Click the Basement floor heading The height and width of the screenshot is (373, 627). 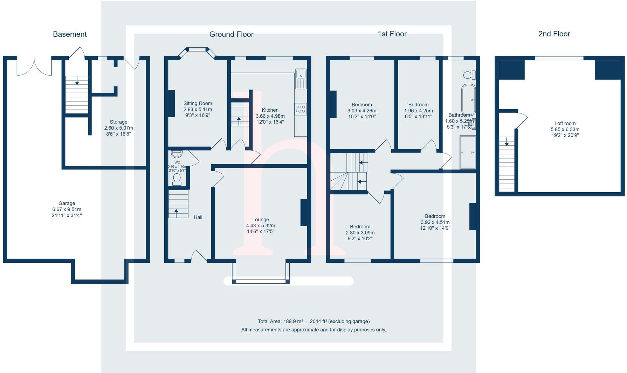pyautogui.click(x=70, y=34)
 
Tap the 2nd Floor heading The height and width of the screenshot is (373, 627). pyautogui.click(x=554, y=34)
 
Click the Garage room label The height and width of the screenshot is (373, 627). pyautogui.click(x=67, y=203)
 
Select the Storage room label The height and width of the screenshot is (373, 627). pyautogui.click(x=118, y=122)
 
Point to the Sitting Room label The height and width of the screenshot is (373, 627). pyautogui.click(x=198, y=103)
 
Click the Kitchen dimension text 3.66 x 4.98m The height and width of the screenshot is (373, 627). pyautogui.click(x=270, y=116)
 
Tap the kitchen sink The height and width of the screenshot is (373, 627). pyautogui.click(x=301, y=75)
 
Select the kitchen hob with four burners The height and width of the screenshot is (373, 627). pyautogui.click(x=301, y=109)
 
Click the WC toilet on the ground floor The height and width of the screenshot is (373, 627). pyautogui.click(x=177, y=179)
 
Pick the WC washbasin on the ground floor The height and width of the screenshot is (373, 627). pyautogui.click(x=177, y=154)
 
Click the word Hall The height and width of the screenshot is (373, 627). pyautogui.click(x=198, y=217)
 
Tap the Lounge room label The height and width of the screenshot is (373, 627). pyautogui.click(x=261, y=220)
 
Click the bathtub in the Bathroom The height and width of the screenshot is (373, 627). pyautogui.click(x=468, y=99)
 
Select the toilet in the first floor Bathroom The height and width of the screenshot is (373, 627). pyautogui.click(x=469, y=75)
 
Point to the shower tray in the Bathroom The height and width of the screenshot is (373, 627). pyautogui.click(x=468, y=152)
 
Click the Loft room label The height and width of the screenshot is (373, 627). pyautogui.click(x=565, y=123)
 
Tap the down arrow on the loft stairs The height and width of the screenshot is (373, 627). pyautogui.click(x=507, y=142)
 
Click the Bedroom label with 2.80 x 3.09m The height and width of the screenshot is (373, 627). pyautogui.click(x=360, y=227)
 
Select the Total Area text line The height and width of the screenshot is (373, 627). pyautogui.click(x=313, y=321)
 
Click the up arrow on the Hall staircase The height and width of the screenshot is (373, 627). pyautogui.click(x=176, y=212)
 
